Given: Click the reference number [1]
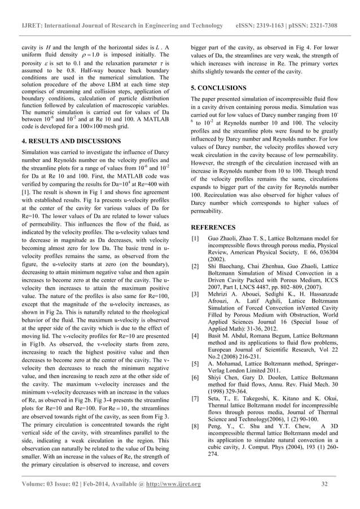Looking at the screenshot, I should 195,239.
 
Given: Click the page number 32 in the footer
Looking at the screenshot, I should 324,484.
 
